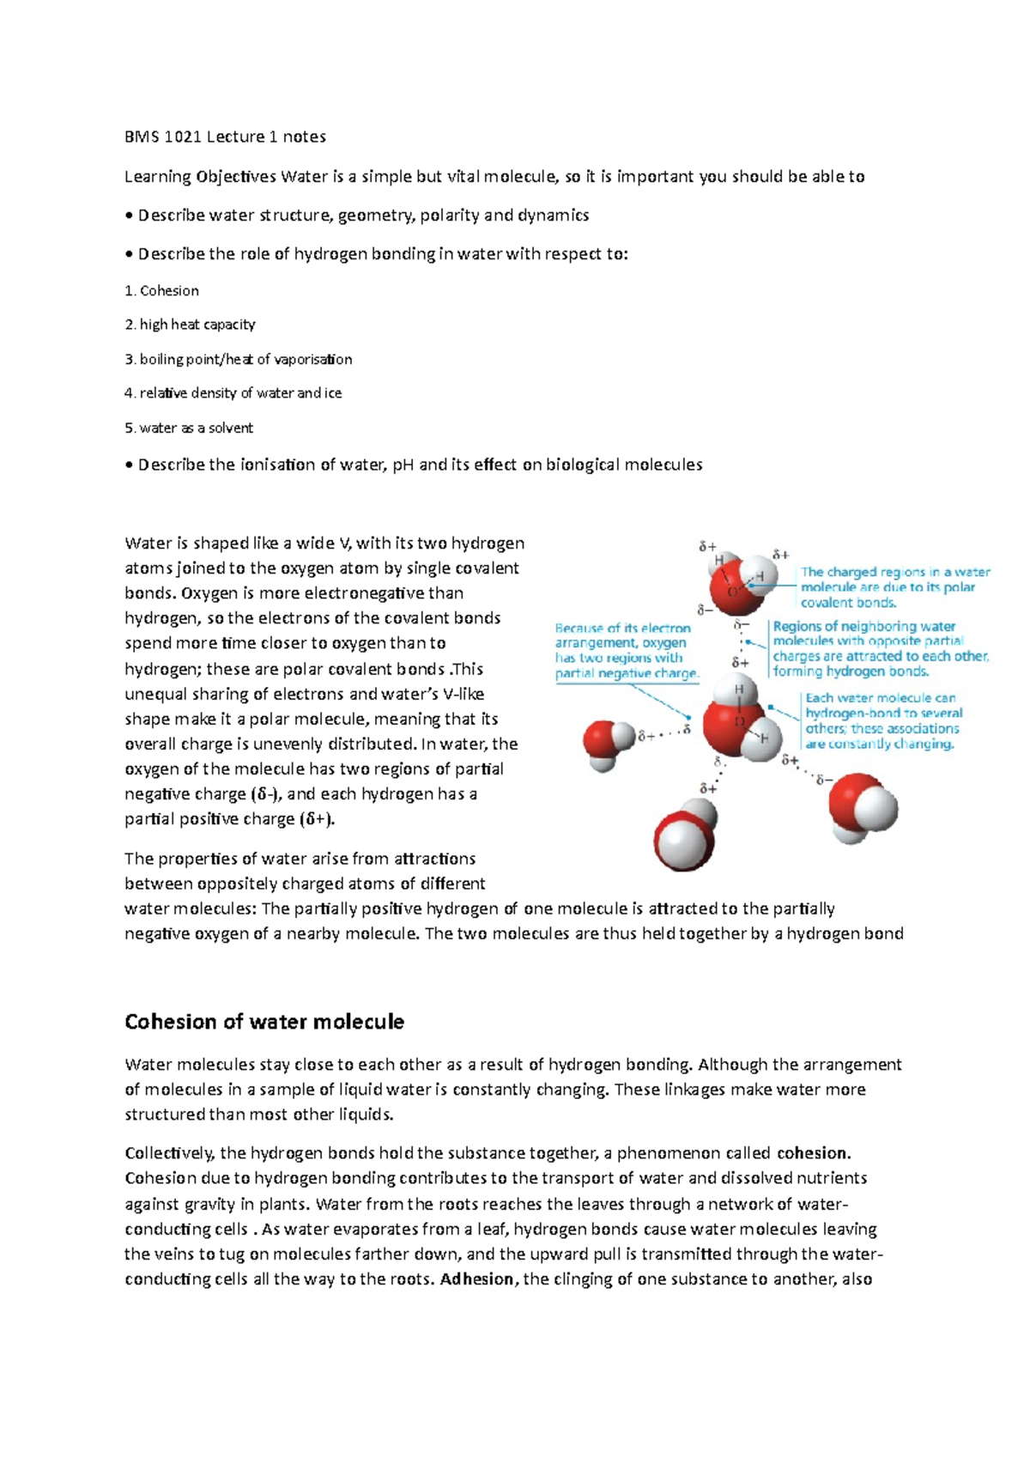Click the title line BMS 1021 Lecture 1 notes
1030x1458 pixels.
click(225, 137)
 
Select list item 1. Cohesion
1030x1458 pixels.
click(162, 291)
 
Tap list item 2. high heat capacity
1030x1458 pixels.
click(190, 325)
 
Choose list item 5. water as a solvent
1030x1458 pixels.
click(189, 428)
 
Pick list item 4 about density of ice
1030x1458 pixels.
click(233, 393)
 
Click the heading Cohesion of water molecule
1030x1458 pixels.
click(264, 1022)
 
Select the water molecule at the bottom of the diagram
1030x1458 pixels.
click(685, 835)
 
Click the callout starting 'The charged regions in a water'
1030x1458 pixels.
click(894, 587)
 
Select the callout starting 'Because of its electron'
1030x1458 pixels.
click(627, 651)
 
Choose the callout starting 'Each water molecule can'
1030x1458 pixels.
click(882, 721)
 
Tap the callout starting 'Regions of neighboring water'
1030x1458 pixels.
click(880, 649)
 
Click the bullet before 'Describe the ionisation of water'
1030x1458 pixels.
click(130, 465)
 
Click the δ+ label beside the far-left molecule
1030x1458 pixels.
click(646, 736)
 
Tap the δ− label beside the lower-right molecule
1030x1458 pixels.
click(824, 780)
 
